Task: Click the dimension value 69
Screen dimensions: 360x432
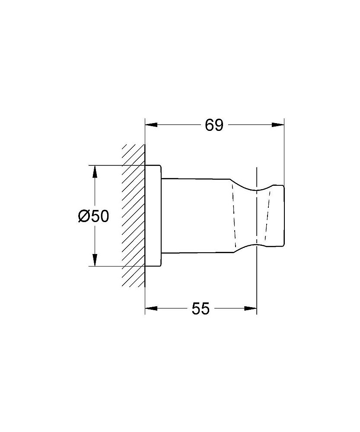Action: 214,125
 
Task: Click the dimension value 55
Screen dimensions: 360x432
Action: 201,308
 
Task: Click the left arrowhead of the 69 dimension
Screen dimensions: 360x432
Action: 151,125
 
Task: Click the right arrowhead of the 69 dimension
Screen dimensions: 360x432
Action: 278,125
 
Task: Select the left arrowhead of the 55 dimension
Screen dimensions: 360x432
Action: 151,308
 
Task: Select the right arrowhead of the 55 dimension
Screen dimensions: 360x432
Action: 251,308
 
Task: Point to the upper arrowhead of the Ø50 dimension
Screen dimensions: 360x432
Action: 95,172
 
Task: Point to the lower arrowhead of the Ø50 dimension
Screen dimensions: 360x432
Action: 95,260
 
